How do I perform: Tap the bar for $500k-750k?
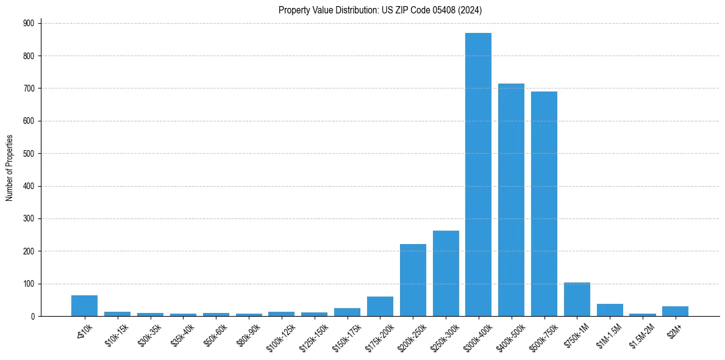point(544,204)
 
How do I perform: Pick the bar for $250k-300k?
point(446,273)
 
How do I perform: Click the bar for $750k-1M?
point(577,300)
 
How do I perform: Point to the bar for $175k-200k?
point(380,306)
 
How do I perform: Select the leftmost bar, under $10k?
point(84,306)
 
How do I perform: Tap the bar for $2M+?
point(675,311)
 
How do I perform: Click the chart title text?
point(380,10)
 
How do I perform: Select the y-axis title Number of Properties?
point(9,168)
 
